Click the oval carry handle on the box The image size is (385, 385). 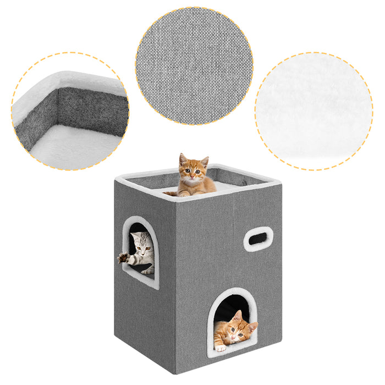click(x=258, y=239)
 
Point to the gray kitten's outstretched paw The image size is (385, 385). click(x=123, y=257)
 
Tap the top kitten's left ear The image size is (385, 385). click(x=183, y=159)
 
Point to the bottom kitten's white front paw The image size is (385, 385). click(x=221, y=347)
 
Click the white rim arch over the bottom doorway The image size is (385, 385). click(x=232, y=292)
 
